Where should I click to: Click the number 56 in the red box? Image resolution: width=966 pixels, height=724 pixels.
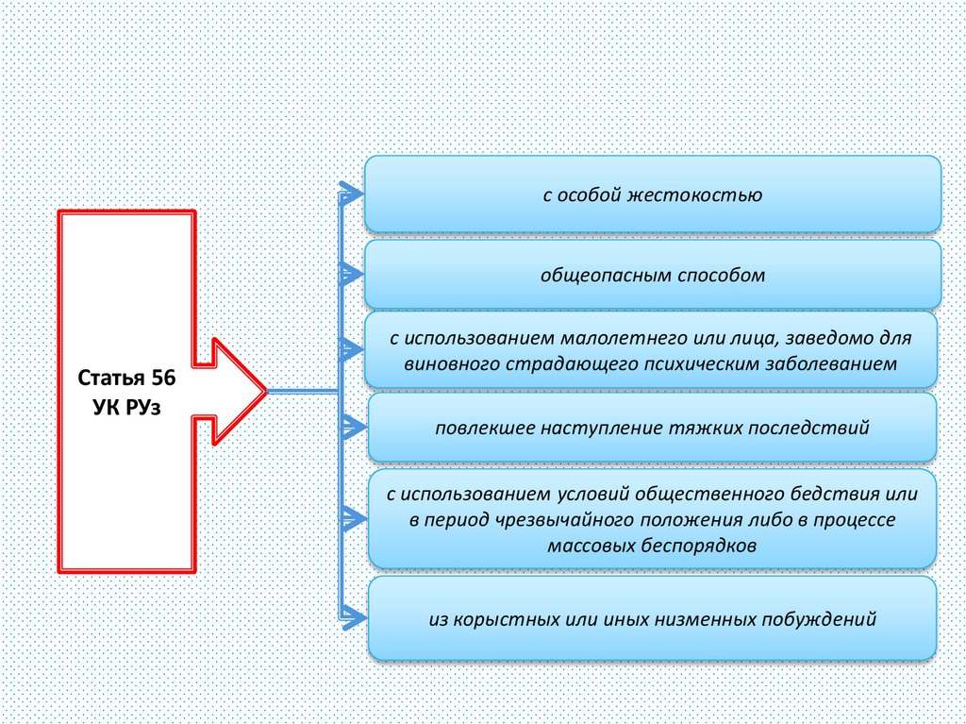(x=159, y=379)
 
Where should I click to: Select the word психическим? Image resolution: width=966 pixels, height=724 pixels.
(x=708, y=362)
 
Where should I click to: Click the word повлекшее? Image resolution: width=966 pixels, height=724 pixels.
(x=483, y=428)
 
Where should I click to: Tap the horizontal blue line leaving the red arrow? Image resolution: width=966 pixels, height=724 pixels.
(x=302, y=390)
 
